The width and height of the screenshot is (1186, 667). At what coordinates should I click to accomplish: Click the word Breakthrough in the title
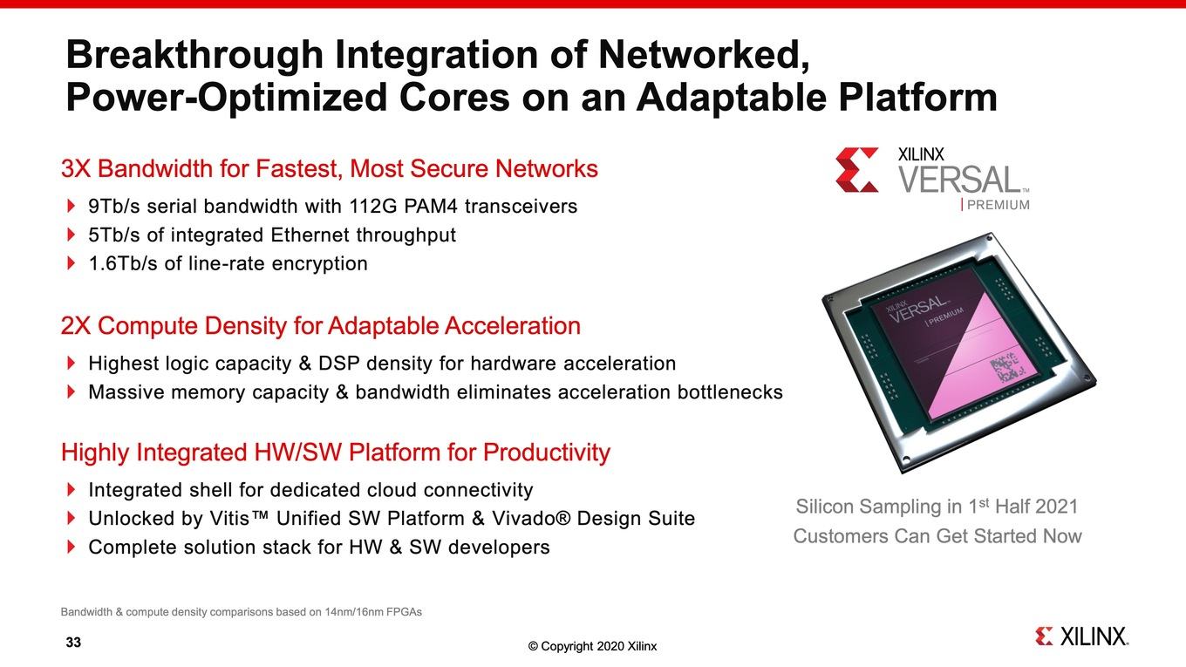click(194, 55)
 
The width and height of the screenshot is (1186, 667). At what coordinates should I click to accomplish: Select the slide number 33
click(73, 642)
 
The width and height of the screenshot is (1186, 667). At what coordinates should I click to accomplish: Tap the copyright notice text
click(592, 646)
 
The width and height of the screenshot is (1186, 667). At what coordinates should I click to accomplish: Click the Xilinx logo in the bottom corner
click(1081, 636)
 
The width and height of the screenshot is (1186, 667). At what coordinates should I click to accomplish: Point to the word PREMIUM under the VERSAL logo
click(999, 205)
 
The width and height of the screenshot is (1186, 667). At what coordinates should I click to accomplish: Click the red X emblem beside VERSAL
click(856, 170)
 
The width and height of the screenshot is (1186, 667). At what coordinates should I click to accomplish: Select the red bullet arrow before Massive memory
click(71, 391)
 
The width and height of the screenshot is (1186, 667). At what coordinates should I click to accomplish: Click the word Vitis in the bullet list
click(229, 518)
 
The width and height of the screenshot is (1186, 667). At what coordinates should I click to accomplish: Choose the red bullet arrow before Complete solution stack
click(71, 547)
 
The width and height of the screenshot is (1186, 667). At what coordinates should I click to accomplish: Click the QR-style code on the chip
click(1005, 369)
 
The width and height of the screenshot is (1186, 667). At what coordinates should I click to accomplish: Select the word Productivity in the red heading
click(547, 453)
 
